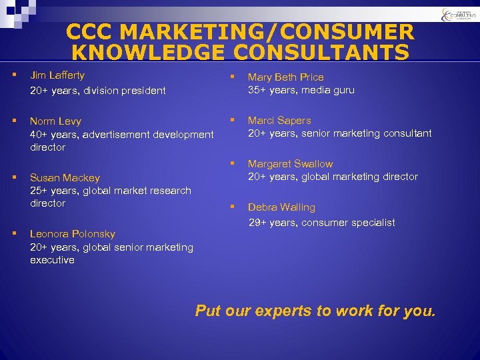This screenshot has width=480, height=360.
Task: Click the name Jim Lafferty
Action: pos(57,75)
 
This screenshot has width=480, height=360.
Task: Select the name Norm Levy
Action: pos(55,121)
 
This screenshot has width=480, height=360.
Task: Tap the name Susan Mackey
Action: pos(65,178)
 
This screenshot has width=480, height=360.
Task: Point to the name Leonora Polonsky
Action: pos(73,234)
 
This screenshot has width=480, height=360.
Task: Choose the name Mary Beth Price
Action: pos(286,77)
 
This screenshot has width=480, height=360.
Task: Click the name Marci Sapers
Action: pos(279,121)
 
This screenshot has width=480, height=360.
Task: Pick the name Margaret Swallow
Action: pos(291,164)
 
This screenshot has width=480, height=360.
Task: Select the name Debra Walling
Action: pos(281,207)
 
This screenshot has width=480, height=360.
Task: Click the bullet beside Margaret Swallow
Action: pos(233,163)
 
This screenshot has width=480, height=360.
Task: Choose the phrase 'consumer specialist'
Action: pos(348,223)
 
